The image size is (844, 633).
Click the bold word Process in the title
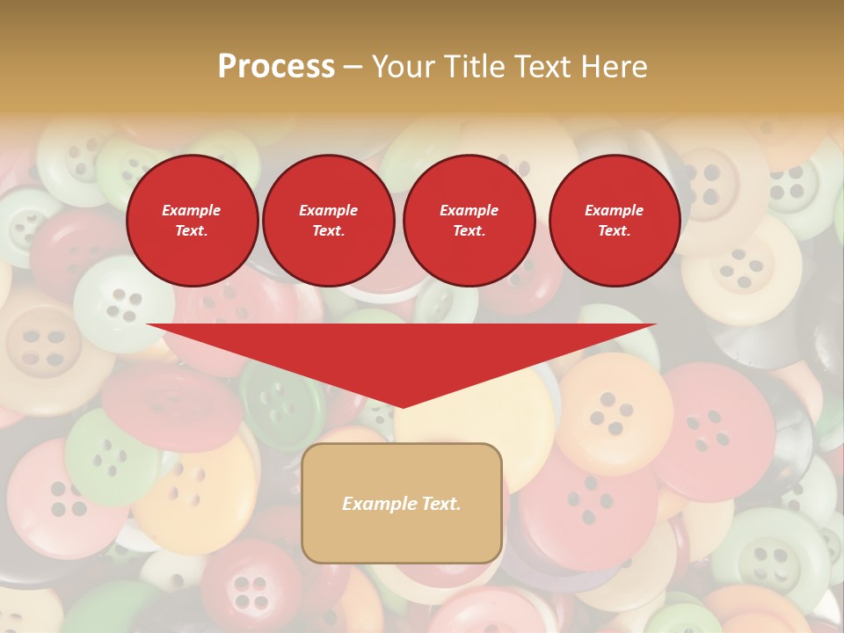(x=276, y=67)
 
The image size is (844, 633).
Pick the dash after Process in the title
(x=353, y=68)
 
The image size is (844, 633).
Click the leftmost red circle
(x=192, y=221)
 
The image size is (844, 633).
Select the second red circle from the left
(x=328, y=221)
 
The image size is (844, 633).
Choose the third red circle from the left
(x=469, y=221)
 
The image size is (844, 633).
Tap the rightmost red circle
(x=614, y=221)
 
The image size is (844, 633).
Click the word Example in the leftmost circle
(x=192, y=210)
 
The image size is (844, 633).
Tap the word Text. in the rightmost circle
(x=614, y=231)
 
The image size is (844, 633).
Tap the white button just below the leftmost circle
(x=123, y=303)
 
